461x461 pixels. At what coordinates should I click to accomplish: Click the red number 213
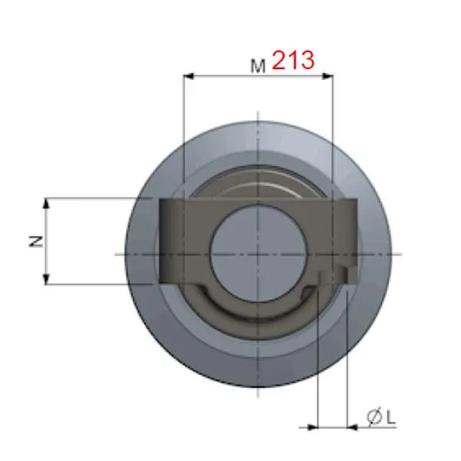[x=294, y=60]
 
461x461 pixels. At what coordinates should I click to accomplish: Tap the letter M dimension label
[x=258, y=66]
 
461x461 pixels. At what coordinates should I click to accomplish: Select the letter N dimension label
[x=36, y=241]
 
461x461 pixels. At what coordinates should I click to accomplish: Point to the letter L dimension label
[x=390, y=417]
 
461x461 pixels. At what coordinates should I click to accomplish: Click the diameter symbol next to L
[x=375, y=417]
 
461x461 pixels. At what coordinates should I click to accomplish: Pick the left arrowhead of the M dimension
[x=188, y=76]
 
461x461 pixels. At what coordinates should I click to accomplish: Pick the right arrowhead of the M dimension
[x=328, y=76]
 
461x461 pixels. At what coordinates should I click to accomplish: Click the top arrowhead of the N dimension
[x=46, y=204]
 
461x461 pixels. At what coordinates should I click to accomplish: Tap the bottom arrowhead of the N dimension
[x=46, y=278]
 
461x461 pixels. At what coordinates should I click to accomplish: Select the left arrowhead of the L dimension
[x=313, y=427]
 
